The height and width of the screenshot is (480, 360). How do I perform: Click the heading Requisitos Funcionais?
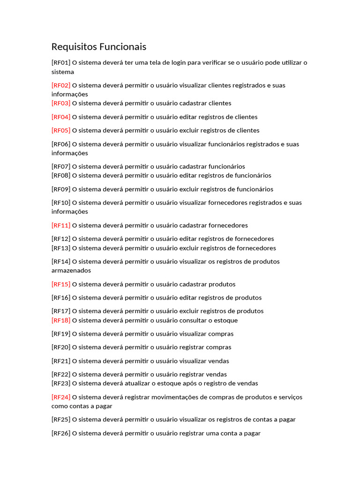coord(98,47)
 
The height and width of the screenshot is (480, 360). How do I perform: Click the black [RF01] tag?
coord(61,62)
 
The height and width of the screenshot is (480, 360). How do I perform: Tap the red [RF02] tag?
coord(61,85)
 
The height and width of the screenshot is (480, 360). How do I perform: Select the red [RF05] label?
coord(61,130)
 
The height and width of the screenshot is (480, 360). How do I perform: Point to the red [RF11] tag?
coord(61,225)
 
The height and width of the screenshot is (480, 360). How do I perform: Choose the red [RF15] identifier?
coord(61,284)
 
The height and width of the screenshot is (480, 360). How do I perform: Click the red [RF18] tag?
coord(61,321)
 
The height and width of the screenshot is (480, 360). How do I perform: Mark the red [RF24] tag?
coord(61,397)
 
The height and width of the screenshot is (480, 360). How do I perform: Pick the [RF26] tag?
coord(61,434)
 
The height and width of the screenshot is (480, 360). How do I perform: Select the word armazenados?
coord(71,270)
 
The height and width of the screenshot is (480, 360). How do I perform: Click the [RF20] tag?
coord(61,347)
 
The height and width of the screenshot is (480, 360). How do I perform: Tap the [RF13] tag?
coord(61,248)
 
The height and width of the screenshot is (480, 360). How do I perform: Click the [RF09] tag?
coord(61,189)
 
